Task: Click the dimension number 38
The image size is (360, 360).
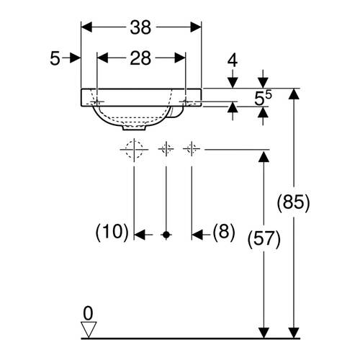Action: point(140,27)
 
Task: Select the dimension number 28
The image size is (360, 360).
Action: point(140,58)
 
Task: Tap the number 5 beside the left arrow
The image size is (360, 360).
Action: point(55,58)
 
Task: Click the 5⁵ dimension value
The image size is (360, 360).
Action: point(263,99)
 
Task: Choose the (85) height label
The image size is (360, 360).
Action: point(294,202)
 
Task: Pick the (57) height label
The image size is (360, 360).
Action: point(264,239)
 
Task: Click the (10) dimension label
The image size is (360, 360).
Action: point(112,232)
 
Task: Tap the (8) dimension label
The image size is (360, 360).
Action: point(224,232)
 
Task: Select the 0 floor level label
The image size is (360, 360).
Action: point(88,313)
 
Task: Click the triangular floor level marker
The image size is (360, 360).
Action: point(89,330)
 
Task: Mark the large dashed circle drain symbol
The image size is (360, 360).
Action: point(134,150)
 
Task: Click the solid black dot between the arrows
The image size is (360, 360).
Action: point(166,235)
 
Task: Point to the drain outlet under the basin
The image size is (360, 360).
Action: point(134,127)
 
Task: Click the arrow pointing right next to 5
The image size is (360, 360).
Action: point(71,58)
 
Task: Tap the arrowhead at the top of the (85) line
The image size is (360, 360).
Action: point(294,94)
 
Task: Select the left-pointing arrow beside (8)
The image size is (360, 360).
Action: point(202,235)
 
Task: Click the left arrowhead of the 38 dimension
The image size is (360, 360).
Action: point(86,27)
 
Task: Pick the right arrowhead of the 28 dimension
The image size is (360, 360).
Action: point(180,58)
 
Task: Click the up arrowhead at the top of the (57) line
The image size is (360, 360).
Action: point(264,156)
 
